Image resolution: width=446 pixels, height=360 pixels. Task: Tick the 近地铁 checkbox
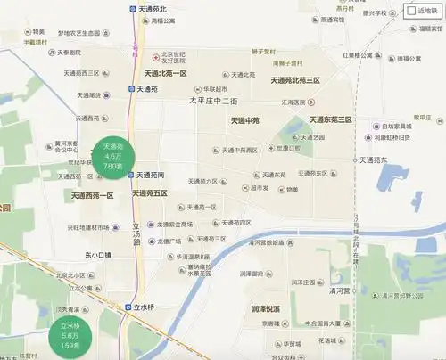point(412,11)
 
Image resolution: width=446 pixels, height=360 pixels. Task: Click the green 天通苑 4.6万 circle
point(112,155)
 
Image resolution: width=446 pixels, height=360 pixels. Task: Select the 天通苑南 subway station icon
point(131,175)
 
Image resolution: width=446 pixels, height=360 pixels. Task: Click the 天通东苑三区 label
point(330,119)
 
